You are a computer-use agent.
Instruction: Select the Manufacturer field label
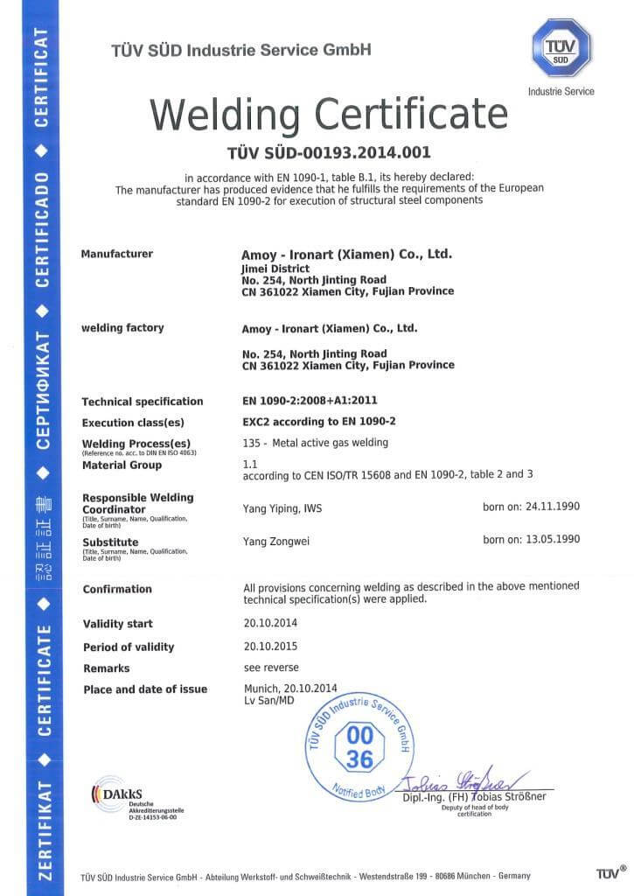click(116, 254)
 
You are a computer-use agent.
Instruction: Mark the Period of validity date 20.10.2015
click(269, 646)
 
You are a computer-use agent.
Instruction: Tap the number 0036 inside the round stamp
click(359, 746)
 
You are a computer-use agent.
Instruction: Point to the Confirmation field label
click(117, 589)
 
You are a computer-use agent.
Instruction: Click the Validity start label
click(117, 624)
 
